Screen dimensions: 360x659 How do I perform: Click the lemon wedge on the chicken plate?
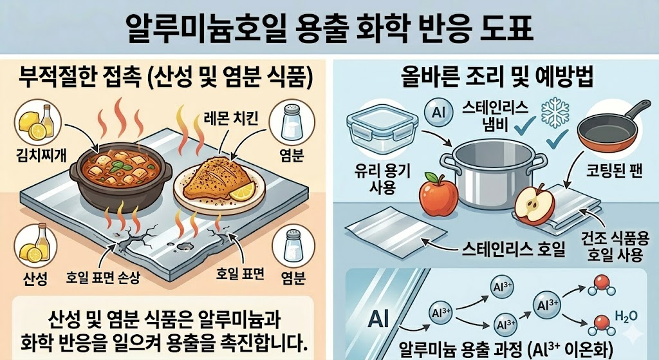pos(242,191)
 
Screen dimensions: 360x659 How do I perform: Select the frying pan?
pos(612,135)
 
